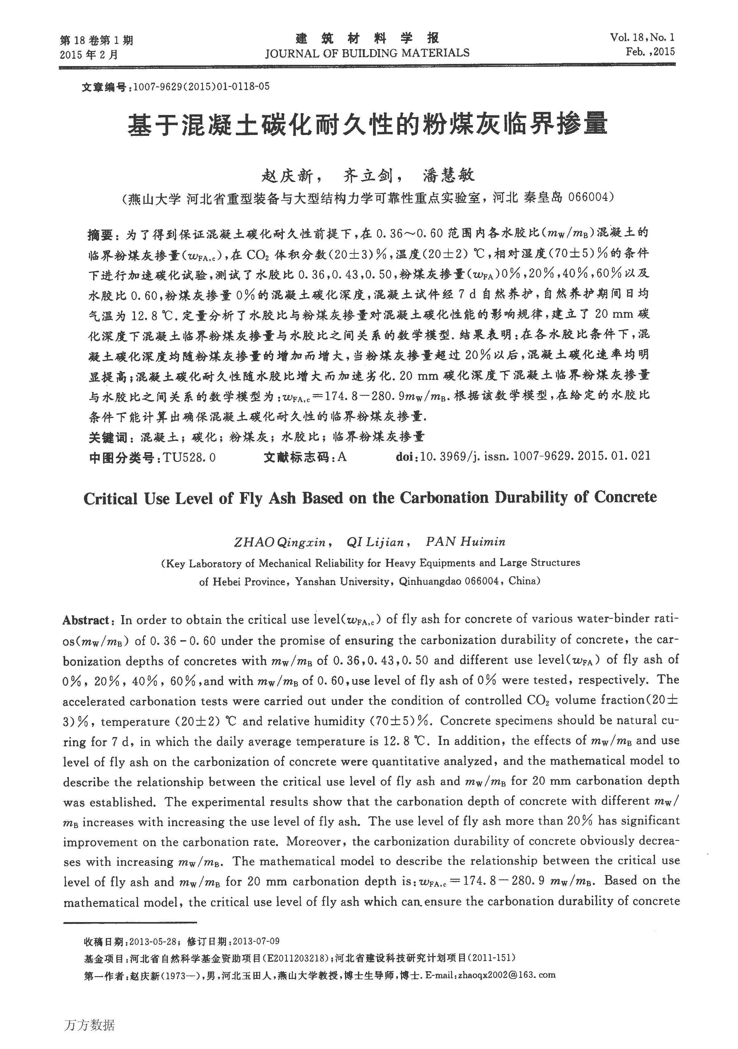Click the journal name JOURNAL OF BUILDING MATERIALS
(x=367, y=53)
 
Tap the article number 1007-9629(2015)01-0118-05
(x=201, y=86)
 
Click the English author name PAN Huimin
(x=465, y=542)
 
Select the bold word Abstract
(x=86, y=620)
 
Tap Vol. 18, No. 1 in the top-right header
(x=642, y=37)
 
